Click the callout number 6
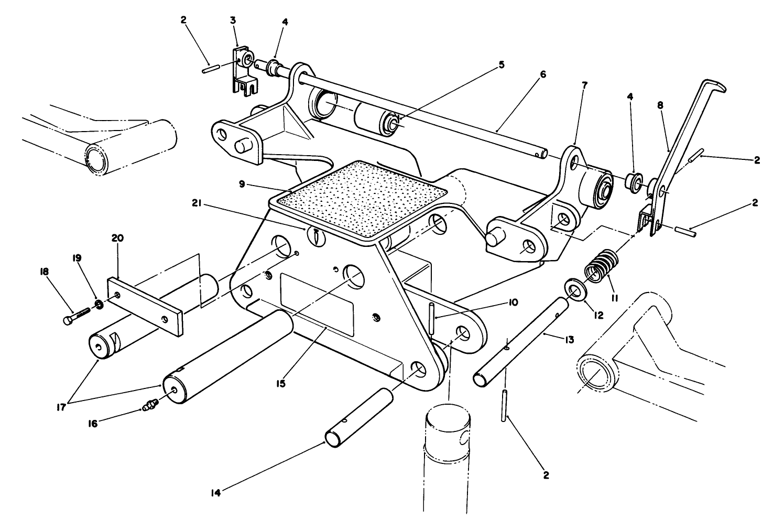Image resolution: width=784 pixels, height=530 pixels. click(542, 75)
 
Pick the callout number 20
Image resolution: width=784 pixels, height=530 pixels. click(117, 238)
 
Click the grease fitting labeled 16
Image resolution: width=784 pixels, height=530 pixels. click(149, 405)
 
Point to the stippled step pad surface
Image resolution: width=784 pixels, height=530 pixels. click(362, 199)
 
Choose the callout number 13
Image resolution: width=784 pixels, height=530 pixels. click(569, 340)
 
